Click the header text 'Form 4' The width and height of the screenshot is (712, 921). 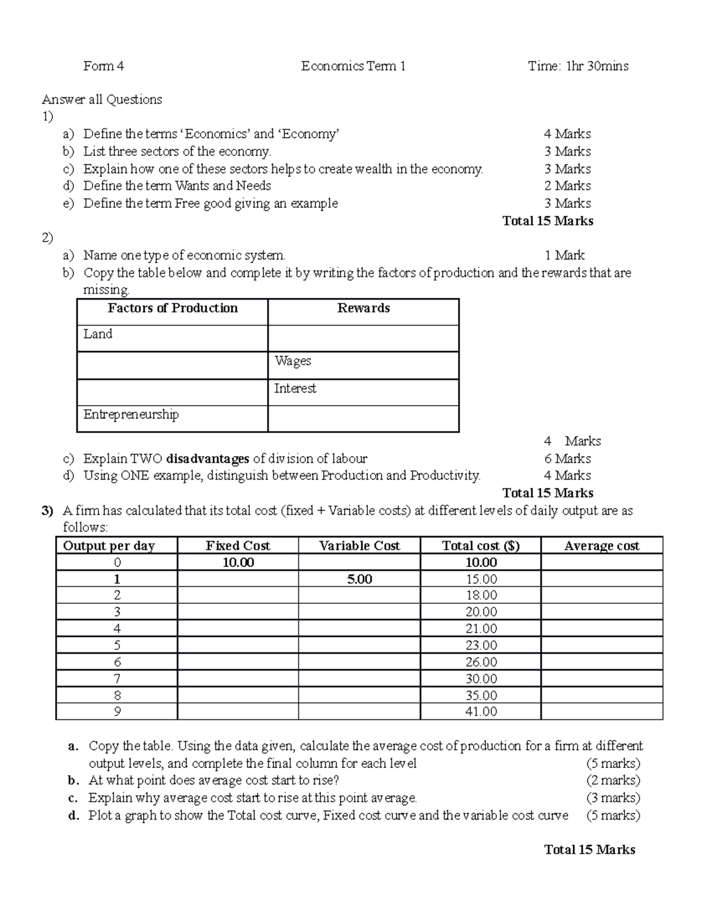point(103,66)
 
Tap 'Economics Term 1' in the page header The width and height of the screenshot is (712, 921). point(353,66)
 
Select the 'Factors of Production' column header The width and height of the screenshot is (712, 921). point(173,308)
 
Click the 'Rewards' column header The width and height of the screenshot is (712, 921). point(363,308)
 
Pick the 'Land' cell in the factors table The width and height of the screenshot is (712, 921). point(98,334)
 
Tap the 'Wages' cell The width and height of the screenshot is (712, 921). point(293,361)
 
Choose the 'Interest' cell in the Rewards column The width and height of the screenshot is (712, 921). point(295,388)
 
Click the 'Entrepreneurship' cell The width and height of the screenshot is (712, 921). point(131,415)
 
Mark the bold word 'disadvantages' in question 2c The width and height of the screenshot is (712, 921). point(208,458)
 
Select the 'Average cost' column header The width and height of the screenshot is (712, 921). point(602,546)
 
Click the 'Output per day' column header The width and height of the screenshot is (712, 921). point(109,546)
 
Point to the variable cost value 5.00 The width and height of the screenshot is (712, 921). point(360,579)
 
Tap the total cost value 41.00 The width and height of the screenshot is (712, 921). point(481,711)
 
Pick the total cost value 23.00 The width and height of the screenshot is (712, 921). point(481,645)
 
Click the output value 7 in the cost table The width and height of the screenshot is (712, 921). point(117,678)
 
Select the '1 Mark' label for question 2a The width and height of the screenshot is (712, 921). point(564,256)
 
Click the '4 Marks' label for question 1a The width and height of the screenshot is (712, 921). point(567,134)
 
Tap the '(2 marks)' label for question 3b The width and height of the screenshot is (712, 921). point(613,780)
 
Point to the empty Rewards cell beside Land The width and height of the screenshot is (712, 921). point(363,338)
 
